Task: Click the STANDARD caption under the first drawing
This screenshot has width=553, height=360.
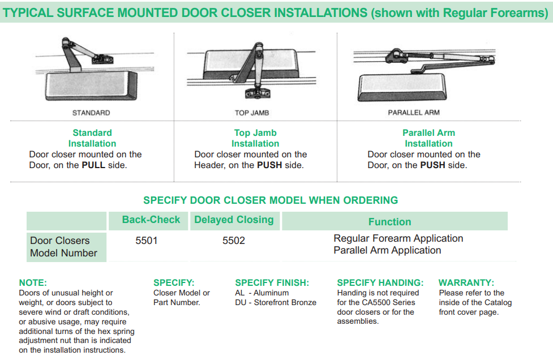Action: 91,113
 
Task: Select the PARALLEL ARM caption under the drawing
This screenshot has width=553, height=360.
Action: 414,113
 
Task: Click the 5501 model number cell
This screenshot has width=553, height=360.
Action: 147,241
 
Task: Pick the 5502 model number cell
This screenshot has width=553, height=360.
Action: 234,241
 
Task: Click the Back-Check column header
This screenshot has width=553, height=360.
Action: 151,220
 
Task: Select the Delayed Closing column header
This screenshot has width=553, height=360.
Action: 234,220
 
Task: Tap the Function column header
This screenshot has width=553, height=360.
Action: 389,222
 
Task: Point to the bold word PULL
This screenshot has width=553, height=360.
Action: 93,165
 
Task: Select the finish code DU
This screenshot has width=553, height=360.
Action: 240,302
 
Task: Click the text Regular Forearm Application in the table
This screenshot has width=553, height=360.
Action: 398,238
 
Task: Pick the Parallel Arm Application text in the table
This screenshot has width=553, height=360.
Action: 387,250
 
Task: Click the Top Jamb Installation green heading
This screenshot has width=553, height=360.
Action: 255,138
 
